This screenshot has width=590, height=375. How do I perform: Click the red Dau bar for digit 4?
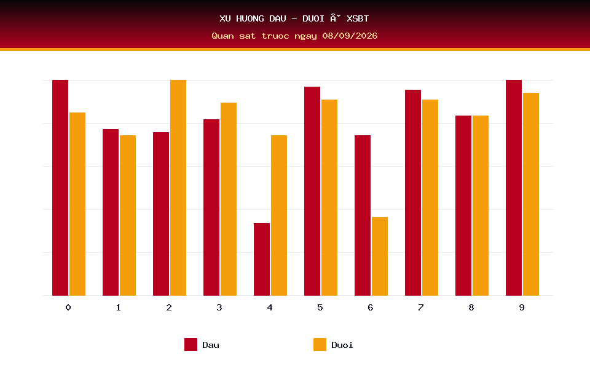[x=262, y=259]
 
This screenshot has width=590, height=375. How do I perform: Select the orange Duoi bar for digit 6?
[x=380, y=256]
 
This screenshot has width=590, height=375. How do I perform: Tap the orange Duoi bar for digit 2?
[x=178, y=188]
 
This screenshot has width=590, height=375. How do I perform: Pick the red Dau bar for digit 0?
[x=60, y=188]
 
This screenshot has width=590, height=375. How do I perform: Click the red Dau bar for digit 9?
[x=514, y=188]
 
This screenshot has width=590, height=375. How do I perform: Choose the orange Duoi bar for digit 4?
[x=279, y=215]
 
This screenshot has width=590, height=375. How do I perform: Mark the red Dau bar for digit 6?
[x=363, y=215]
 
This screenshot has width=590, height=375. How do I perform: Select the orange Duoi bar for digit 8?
[x=481, y=205]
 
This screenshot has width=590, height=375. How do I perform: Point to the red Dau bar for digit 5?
[x=312, y=191]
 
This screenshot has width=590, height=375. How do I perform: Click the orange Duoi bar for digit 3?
[x=229, y=199]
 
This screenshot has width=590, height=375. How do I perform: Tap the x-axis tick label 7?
[x=420, y=307]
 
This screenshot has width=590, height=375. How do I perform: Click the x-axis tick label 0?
[x=68, y=307]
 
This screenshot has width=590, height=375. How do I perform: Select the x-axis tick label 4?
[x=270, y=307]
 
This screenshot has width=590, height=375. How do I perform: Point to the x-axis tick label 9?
[x=522, y=307]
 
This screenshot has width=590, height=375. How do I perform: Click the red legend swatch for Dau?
[x=191, y=344]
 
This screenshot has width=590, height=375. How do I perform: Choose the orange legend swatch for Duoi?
[x=320, y=344]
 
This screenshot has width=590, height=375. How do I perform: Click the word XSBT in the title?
[x=358, y=18]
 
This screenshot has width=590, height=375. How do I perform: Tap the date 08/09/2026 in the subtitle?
[x=350, y=36]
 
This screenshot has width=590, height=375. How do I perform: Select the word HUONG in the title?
[x=250, y=18]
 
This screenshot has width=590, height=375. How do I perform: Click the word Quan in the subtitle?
[x=222, y=36]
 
